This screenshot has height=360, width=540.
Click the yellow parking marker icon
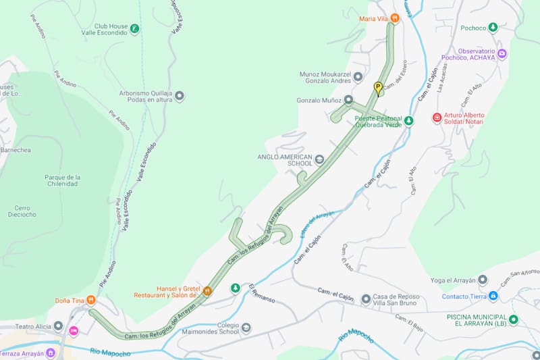(x=378, y=86)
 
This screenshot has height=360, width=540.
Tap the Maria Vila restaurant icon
(x=394, y=19)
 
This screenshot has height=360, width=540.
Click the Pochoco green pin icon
(x=493, y=28)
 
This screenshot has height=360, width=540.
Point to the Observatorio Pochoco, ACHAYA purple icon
(x=502, y=53)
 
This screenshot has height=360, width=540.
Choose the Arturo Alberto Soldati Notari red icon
(x=437, y=118)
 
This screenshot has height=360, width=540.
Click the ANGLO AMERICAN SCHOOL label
(x=285, y=159)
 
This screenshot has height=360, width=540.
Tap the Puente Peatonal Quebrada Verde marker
(x=408, y=121)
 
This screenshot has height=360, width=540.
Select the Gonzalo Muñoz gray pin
(x=348, y=100)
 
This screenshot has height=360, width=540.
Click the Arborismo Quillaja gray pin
(x=179, y=97)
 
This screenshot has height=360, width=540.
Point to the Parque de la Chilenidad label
(x=61, y=180)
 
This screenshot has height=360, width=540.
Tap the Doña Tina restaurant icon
(x=91, y=300)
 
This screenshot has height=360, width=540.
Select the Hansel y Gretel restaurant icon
(x=207, y=291)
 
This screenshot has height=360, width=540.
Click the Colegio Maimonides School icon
(x=246, y=328)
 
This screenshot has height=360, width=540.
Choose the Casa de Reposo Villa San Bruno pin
(x=365, y=299)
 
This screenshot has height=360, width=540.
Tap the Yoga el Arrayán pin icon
(x=482, y=280)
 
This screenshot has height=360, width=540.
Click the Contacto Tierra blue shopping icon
(x=493, y=296)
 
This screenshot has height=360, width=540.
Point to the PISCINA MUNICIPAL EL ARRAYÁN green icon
(x=513, y=319)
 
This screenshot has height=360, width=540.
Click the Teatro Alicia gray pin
(x=58, y=326)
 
